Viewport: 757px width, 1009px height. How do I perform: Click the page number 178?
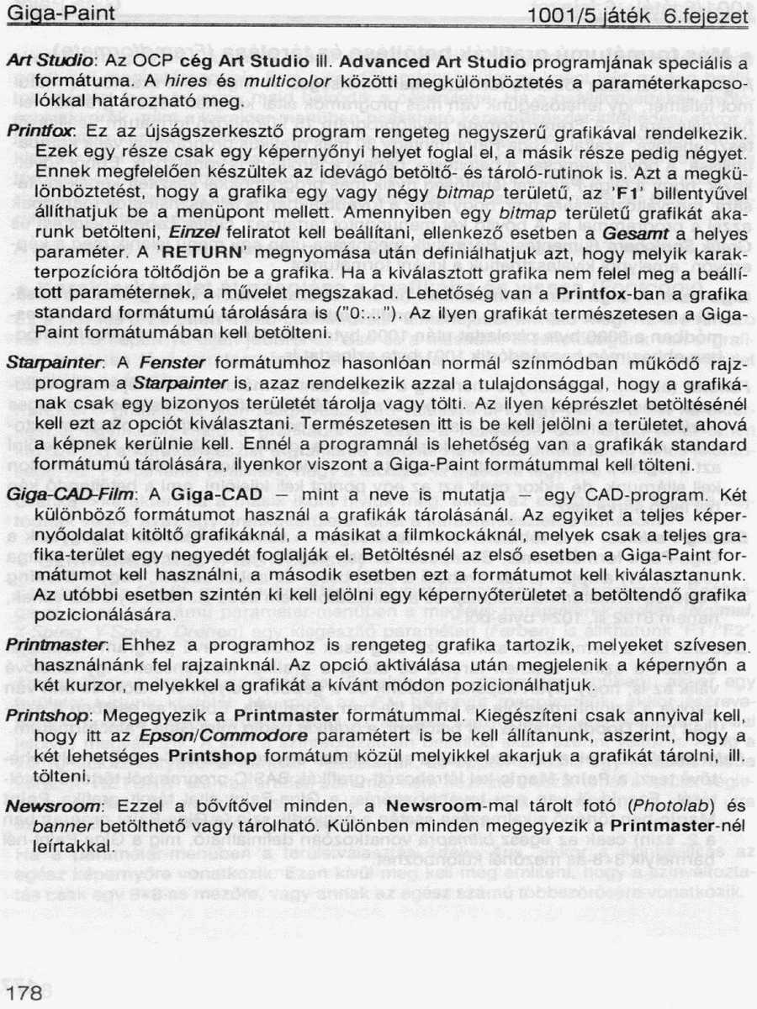24,993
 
